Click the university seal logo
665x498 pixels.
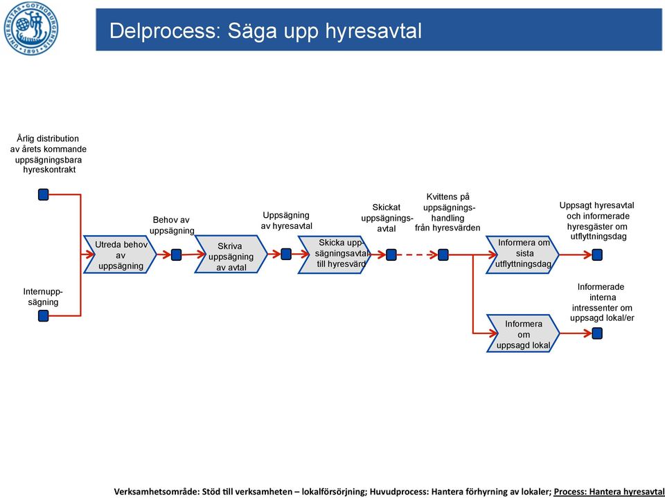tap(31, 28)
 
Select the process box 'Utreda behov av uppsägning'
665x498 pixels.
tap(121, 255)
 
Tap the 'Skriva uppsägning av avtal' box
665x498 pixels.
tap(231, 255)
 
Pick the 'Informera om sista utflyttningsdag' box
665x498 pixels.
tap(522, 255)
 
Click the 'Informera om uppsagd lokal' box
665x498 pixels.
tap(523, 333)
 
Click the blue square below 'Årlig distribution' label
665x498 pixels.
tap(43, 194)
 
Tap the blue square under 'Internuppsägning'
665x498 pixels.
tap(43, 315)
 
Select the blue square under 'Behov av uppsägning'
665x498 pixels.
tap(177, 255)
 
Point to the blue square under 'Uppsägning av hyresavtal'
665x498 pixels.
tap(286, 254)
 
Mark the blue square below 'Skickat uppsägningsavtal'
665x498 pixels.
tap(391, 255)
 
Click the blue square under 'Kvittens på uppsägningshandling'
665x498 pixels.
tap(443, 255)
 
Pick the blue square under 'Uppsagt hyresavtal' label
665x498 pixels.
tap(597, 255)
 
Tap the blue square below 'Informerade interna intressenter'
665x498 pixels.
tap(597, 333)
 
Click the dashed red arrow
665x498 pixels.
tap(417, 255)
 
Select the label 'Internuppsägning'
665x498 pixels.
tap(43, 297)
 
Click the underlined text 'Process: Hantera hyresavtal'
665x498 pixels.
tap(609, 491)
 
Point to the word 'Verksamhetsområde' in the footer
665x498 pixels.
tap(156, 491)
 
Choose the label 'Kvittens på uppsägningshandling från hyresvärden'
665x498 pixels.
tap(447, 212)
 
